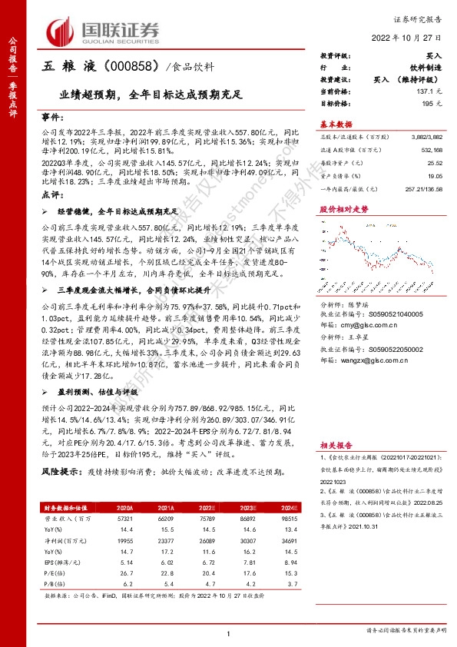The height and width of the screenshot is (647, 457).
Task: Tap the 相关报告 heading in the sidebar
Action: (x=336, y=443)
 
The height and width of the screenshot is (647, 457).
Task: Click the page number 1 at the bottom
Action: (x=228, y=632)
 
